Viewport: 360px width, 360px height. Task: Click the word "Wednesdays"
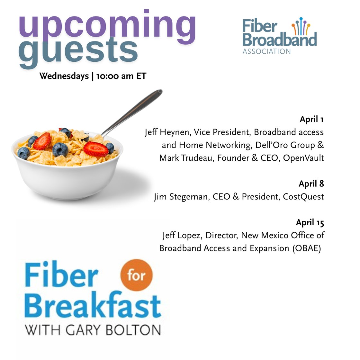coord(64,76)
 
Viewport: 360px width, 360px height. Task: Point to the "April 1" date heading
coord(311,119)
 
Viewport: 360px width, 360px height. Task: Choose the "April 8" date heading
coord(311,184)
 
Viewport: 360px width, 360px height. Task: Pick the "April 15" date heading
coord(310,222)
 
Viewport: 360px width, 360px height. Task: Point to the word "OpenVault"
coord(303,158)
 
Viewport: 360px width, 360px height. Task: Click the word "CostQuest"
coord(303,197)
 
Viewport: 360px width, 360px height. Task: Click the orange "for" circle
coord(136,275)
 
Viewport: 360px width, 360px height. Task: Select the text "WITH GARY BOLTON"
coord(93,330)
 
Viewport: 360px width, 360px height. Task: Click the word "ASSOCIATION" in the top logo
coord(266,51)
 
